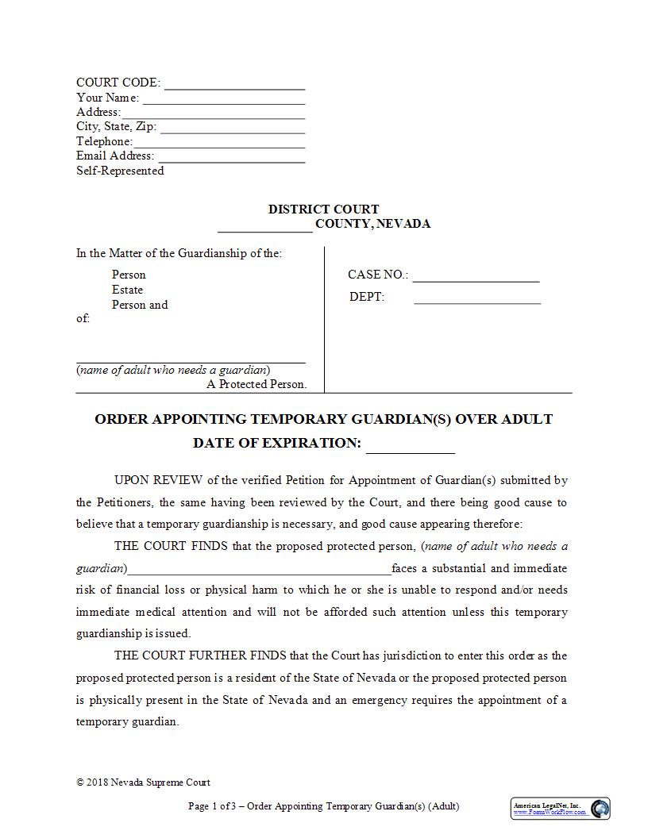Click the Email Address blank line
coord(231,158)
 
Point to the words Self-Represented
coord(120,171)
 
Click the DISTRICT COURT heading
coord(323,209)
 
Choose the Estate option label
coord(127,290)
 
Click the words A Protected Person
coord(256,384)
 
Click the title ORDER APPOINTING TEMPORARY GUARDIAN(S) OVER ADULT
coord(323,419)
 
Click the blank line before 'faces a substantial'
coord(259,570)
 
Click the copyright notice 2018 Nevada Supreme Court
coord(143,782)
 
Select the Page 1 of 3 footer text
coord(323,806)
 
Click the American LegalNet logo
coord(560,809)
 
